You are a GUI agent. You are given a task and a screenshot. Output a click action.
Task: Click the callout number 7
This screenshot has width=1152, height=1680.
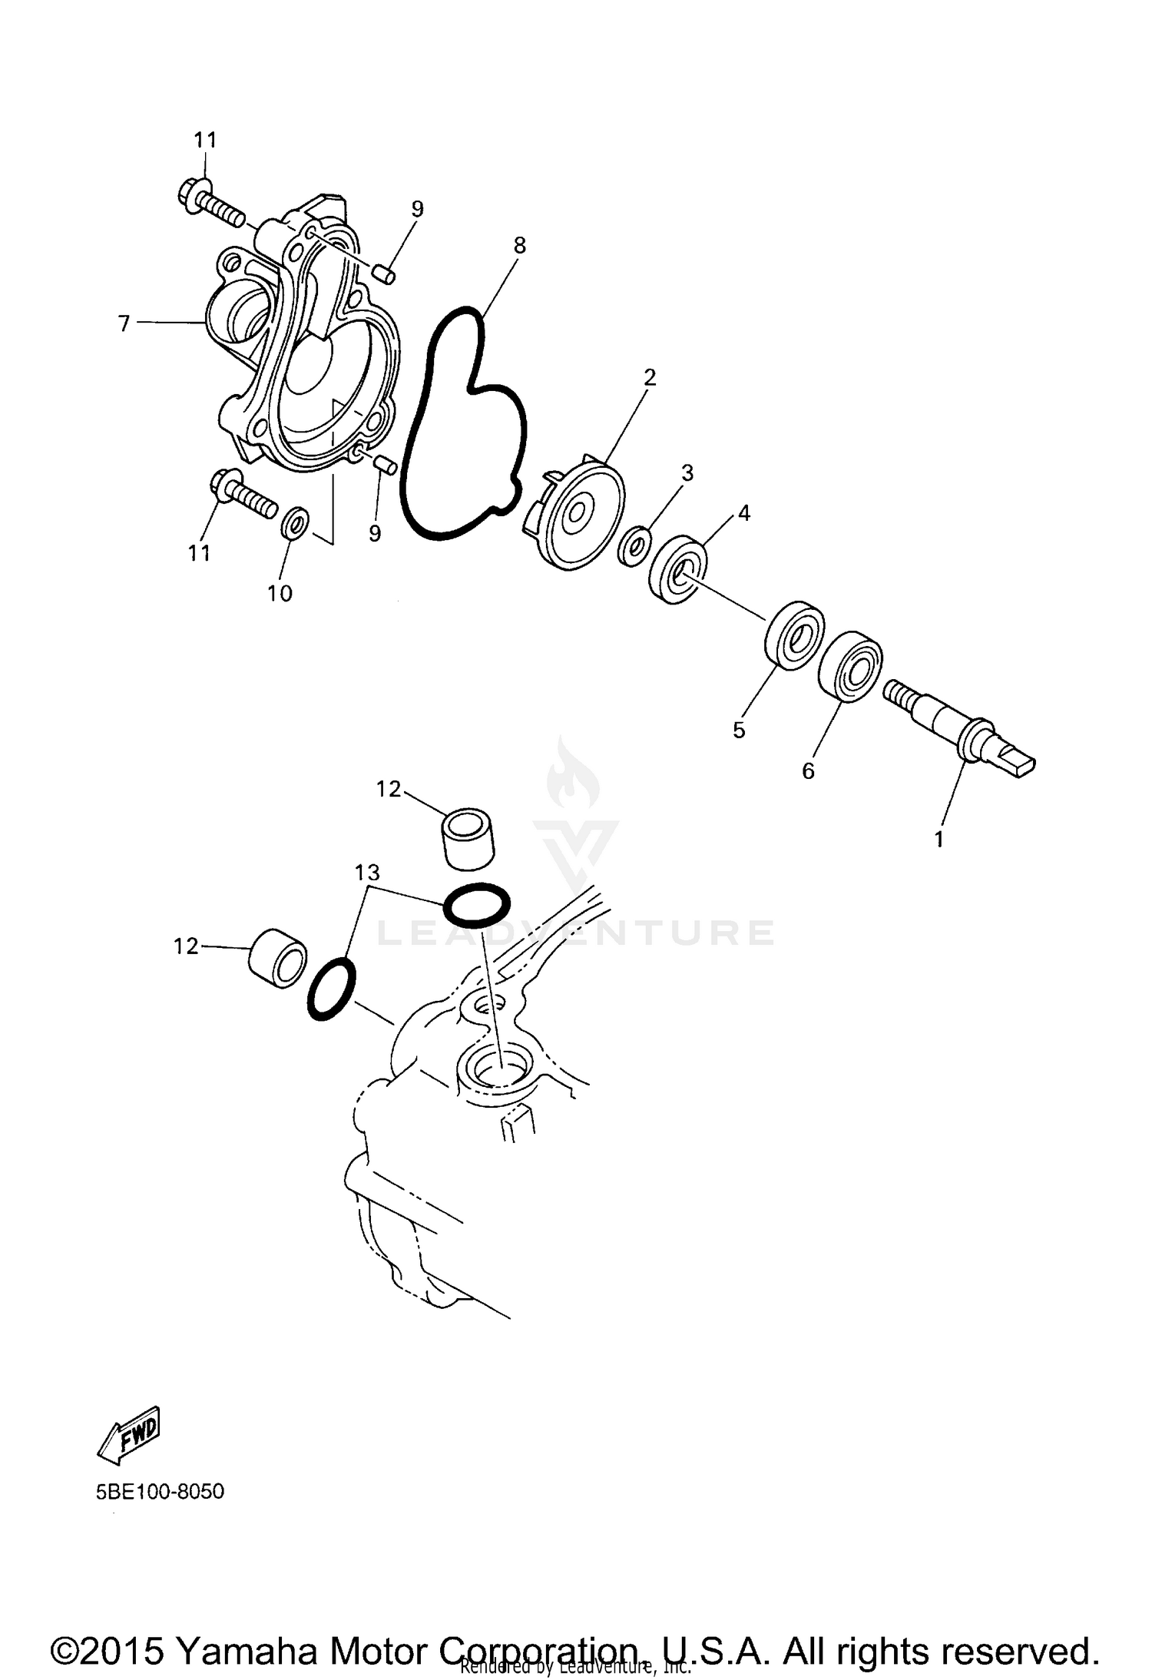tap(124, 324)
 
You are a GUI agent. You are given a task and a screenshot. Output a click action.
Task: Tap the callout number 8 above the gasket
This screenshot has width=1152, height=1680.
tap(519, 246)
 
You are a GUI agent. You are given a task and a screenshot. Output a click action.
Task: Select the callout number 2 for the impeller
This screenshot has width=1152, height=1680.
tap(649, 377)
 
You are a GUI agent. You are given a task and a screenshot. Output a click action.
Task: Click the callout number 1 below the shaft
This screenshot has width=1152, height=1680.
tap(938, 839)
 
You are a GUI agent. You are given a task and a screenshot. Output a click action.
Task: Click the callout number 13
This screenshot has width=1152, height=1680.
tap(367, 873)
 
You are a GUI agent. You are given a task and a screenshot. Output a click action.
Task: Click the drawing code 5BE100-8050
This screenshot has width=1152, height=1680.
tap(160, 1492)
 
